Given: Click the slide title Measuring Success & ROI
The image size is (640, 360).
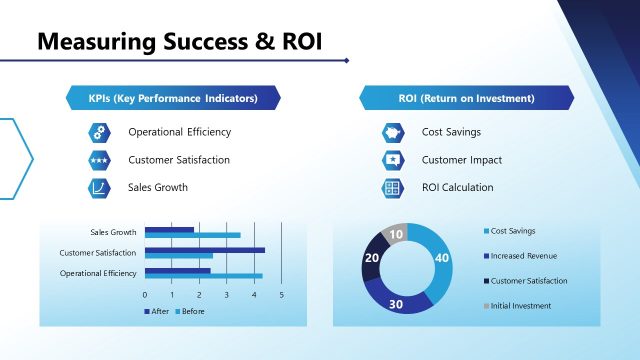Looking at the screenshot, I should point(180,42).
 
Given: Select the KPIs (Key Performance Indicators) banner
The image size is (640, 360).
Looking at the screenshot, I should point(173,99).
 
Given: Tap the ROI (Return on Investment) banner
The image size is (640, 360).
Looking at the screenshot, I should point(466,99).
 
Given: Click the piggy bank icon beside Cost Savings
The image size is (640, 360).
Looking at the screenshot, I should point(393,132).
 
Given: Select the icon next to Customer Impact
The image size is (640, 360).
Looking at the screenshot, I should point(393,160).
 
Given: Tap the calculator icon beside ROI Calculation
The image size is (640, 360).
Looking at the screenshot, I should point(393,188).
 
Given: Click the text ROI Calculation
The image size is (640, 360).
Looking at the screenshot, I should point(457,188).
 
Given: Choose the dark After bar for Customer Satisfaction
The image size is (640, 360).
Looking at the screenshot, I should point(204,250).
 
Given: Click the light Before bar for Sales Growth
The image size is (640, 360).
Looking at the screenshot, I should point(192,236).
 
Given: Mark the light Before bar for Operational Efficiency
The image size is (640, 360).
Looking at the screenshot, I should point(203,276).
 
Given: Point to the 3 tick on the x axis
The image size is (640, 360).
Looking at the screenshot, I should point(227,295).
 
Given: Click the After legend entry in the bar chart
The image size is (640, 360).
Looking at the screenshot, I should point(155,312).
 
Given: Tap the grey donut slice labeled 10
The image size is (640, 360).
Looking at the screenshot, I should point(397,234).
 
